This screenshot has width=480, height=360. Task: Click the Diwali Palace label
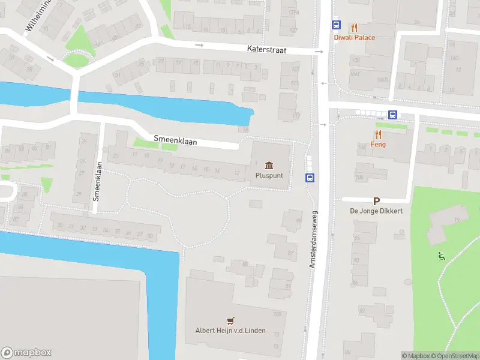click(355, 38)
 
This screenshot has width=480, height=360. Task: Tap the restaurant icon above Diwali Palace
click(355, 27)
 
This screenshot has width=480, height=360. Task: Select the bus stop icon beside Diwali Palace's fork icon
click(336, 26)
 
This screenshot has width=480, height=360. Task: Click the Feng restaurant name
click(378, 145)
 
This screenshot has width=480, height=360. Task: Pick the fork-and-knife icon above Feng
click(378, 134)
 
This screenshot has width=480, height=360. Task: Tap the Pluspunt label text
click(269, 176)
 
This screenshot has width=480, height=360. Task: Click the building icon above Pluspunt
click(269, 165)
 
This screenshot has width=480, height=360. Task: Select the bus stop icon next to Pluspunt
click(310, 178)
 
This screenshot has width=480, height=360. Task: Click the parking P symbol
click(377, 202)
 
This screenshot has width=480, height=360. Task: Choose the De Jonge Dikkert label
click(376, 211)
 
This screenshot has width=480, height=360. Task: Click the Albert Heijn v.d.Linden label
click(230, 331)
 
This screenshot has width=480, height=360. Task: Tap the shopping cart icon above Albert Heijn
click(230, 320)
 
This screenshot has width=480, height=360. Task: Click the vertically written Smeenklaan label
click(96, 179)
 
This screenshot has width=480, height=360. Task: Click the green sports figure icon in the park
click(442, 256)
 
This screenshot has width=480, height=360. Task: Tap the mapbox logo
click(26, 353)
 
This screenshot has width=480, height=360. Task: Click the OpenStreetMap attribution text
click(454, 356)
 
